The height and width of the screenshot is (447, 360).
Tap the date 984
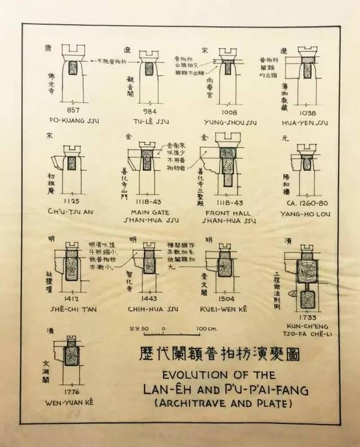[x=150, y=112]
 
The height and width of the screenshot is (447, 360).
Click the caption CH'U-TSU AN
[x=70, y=211]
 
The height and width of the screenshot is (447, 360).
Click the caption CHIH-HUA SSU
[x=149, y=309]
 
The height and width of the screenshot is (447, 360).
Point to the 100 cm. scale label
[x=206, y=329]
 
